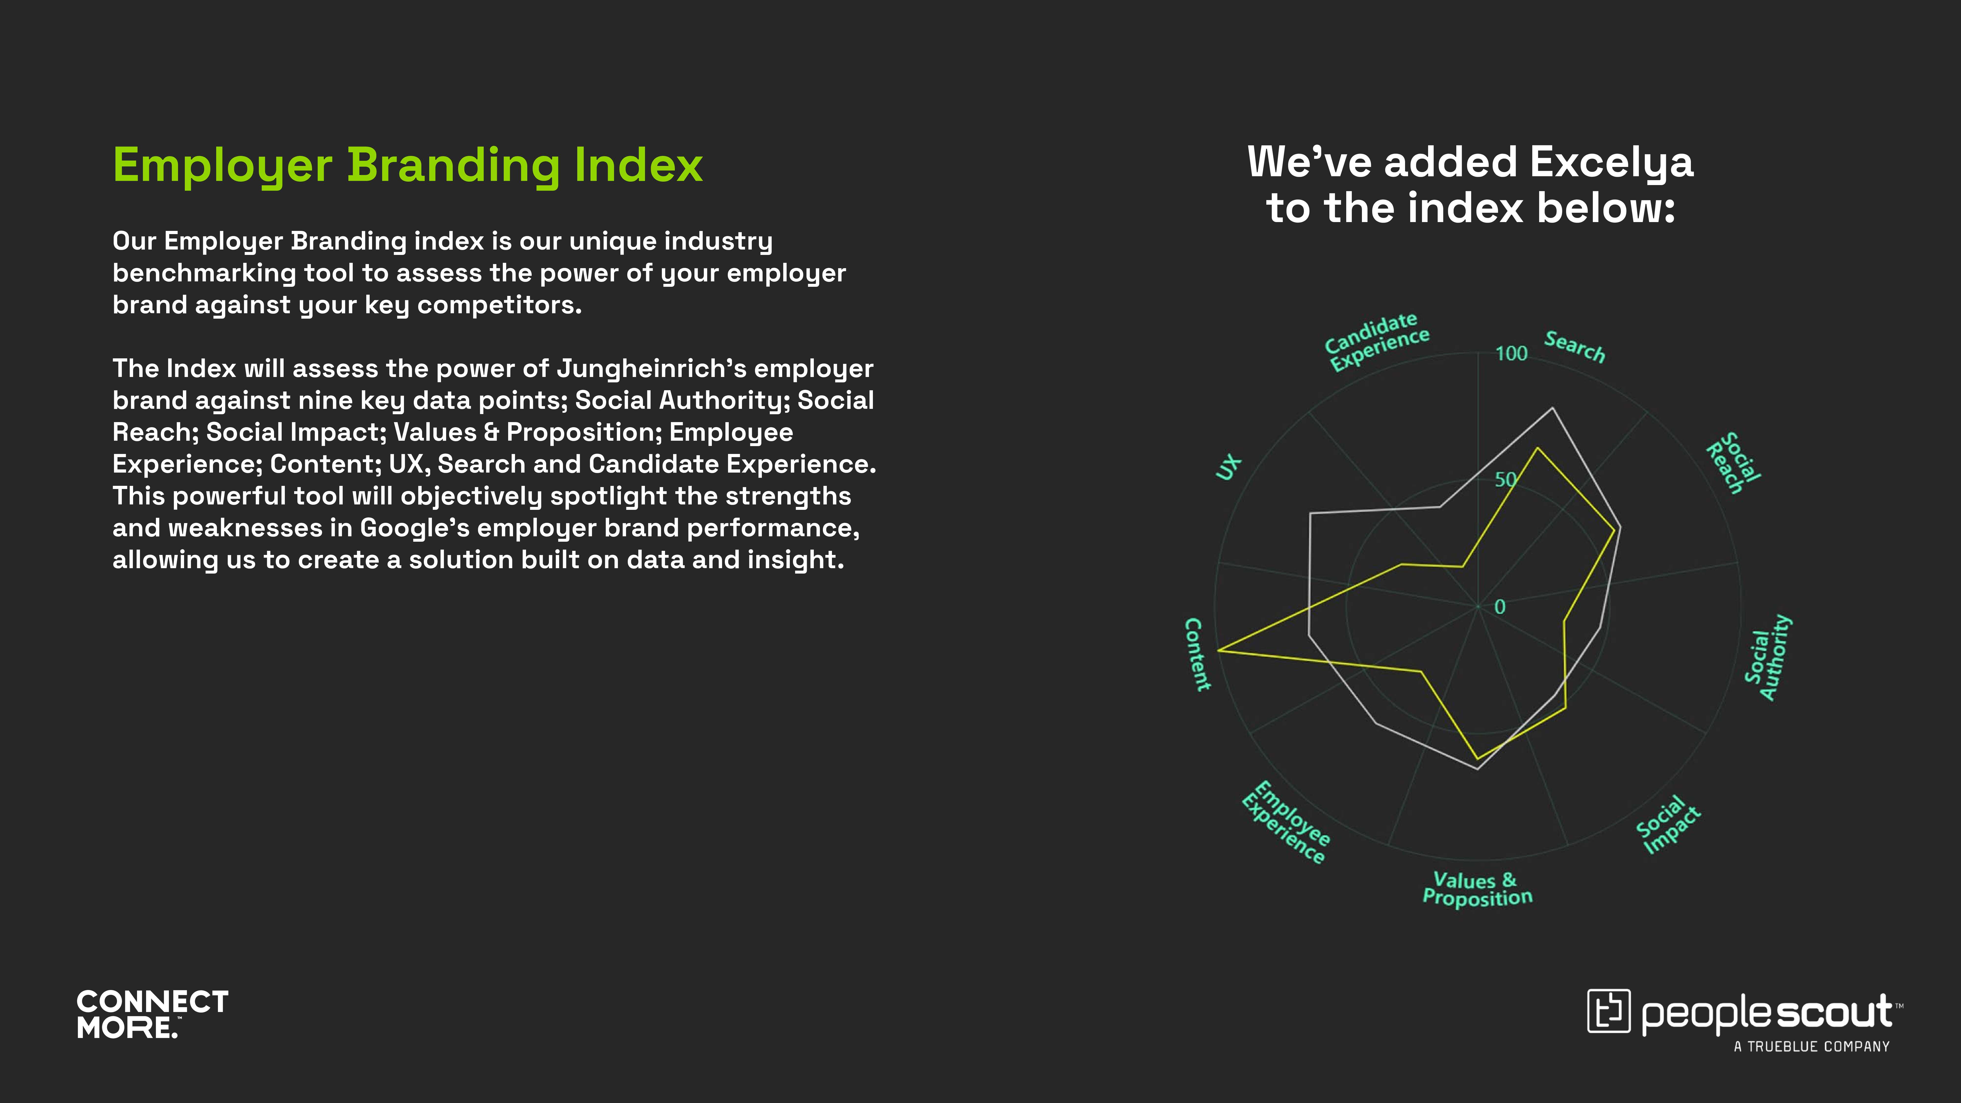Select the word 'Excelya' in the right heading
coord(1612,163)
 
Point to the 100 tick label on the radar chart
coord(1511,353)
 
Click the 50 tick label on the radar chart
coord(1505,480)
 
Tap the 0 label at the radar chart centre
coord(1500,607)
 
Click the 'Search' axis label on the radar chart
coord(1574,347)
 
